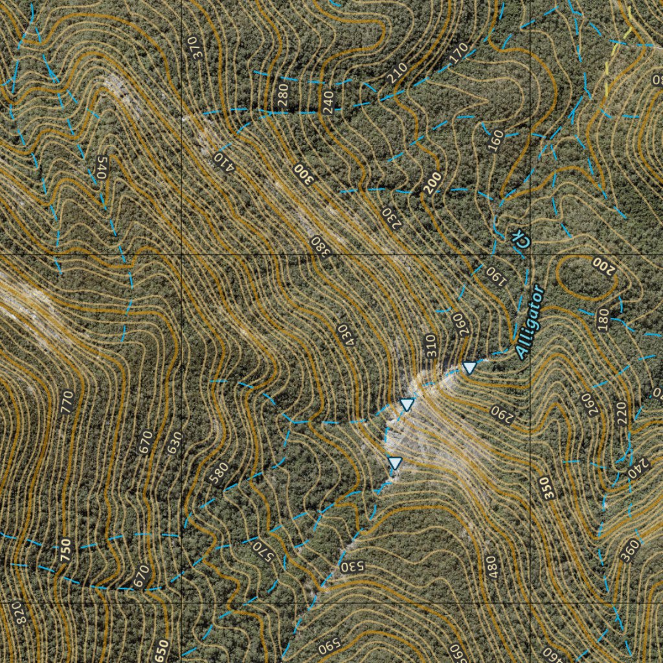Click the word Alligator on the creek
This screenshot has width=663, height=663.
tap(530, 322)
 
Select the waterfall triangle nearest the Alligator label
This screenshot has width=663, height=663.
tap(469, 368)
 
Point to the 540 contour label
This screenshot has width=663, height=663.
tap(100, 168)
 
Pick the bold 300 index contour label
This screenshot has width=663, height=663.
tap(303, 174)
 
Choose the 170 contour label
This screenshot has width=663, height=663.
tap(458, 51)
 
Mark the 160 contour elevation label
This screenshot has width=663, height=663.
tap(495, 140)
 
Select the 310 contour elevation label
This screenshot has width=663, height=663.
tap(429, 346)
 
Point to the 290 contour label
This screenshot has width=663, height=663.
tap(500, 410)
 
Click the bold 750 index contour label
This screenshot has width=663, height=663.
tap(65, 550)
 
